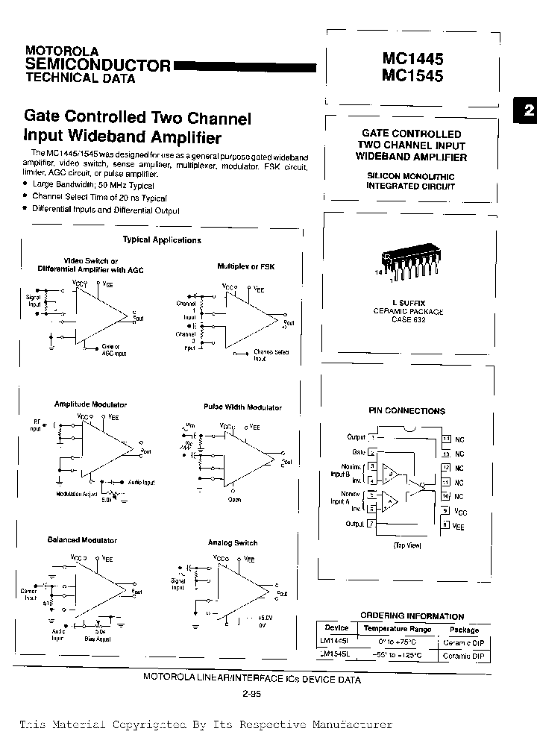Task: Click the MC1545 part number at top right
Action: [412, 75]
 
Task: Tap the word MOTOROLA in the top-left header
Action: [62, 50]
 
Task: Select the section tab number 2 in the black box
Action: [528, 110]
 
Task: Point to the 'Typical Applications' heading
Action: [162, 240]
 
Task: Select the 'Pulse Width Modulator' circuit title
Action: [242, 407]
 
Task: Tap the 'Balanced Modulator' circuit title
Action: [82, 540]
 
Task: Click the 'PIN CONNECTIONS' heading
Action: [406, 411]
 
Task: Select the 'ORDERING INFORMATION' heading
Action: [412, 616]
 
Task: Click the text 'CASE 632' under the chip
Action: [407, 319]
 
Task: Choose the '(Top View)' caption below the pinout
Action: [407, 545]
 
